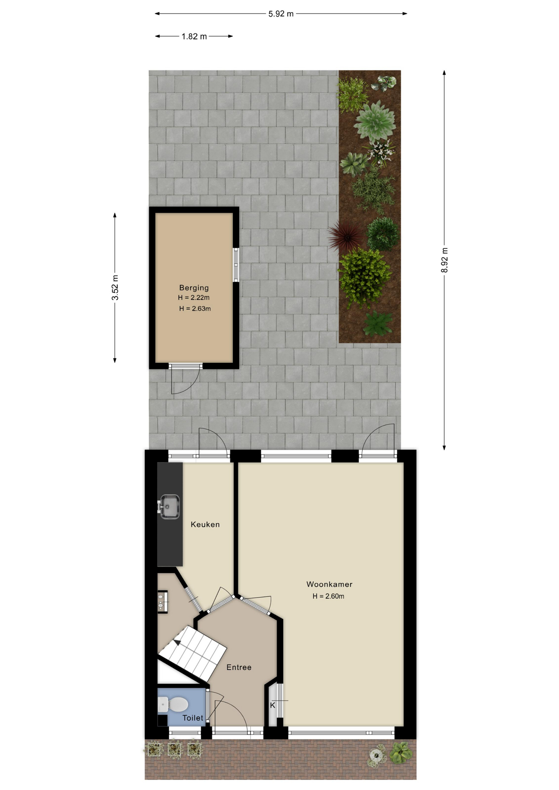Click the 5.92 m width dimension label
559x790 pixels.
[281, 14]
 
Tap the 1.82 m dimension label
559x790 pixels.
[194, 37]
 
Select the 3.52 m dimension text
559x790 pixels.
[115, 288]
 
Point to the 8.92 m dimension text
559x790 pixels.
[445, 260]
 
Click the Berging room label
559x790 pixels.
[194, 288]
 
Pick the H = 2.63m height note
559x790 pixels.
[195, 309]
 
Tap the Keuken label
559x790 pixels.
[205, 525]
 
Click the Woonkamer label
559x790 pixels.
[329, 584]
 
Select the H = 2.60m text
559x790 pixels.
[328, 596]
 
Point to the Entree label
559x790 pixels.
[239, 667]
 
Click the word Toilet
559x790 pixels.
[193, 718]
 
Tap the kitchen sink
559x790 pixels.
[169, 507]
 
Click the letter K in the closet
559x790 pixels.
[273, 706]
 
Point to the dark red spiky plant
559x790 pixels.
[347, 237]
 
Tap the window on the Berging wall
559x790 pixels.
[236, 265]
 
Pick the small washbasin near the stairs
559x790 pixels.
[163, 602]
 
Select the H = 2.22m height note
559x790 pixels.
[193, 297]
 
